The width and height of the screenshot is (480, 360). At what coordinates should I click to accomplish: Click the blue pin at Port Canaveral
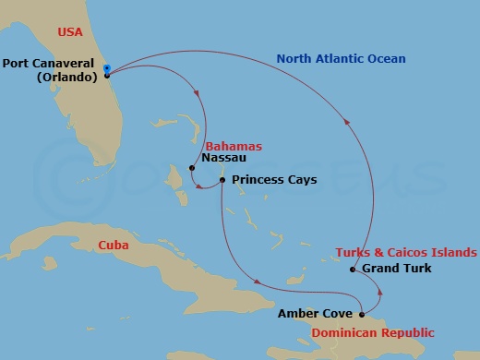(x=107, y=69)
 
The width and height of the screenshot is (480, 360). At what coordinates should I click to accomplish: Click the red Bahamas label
(x=234, y=146)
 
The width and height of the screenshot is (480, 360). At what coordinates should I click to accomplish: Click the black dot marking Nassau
(x=191, y=168)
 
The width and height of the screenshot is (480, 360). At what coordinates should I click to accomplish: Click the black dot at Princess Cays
(x=222, y=179)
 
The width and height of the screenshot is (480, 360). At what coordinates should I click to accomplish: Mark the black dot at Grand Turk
(x=354, y=270)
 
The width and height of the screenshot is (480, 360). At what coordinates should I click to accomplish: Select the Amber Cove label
(x=315, y=314)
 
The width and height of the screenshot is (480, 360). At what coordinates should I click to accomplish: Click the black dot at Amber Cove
(x=362, y=314)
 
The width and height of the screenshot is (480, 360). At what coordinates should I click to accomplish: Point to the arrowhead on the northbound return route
(x=346, y=115)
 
